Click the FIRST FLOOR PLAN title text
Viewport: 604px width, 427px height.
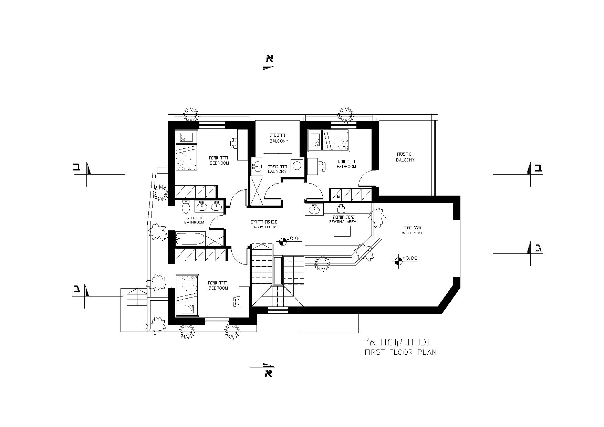(400, 352)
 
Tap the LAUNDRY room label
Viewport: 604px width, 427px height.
(277, 171)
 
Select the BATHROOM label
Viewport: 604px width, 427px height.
(194, 222)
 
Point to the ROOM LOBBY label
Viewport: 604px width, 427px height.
(265, 227)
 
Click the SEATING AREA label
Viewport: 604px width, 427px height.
(343, 222)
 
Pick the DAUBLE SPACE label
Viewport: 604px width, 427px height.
(412, 233)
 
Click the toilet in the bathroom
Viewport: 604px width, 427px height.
(186, 206)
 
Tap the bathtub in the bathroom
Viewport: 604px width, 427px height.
(191, 239)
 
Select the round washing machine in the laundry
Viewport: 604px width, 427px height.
(297, 166)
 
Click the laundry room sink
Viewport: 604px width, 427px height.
(256, 167)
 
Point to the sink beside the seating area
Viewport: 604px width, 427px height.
(314, 209)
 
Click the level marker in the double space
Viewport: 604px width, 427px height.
(398, 261)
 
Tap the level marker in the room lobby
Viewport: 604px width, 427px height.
(283, 241)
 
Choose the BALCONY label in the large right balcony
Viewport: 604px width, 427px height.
(405, 160)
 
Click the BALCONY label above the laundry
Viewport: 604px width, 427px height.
(279, 141)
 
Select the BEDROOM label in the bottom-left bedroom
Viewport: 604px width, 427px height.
(218, 288)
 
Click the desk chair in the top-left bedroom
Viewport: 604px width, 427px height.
(234, 143)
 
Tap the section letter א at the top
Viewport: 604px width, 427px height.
(269, 58)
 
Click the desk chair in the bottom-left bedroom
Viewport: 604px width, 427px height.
(236, 301)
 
